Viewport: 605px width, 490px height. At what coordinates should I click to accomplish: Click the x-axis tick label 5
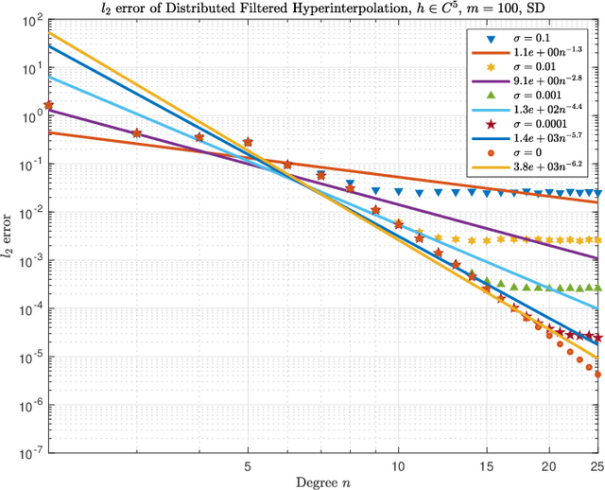click(x=248, y=466)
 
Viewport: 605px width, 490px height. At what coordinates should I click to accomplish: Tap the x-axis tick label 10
click(x=398, y=466)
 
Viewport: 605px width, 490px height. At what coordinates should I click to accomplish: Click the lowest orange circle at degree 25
click(x=597, y=374)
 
